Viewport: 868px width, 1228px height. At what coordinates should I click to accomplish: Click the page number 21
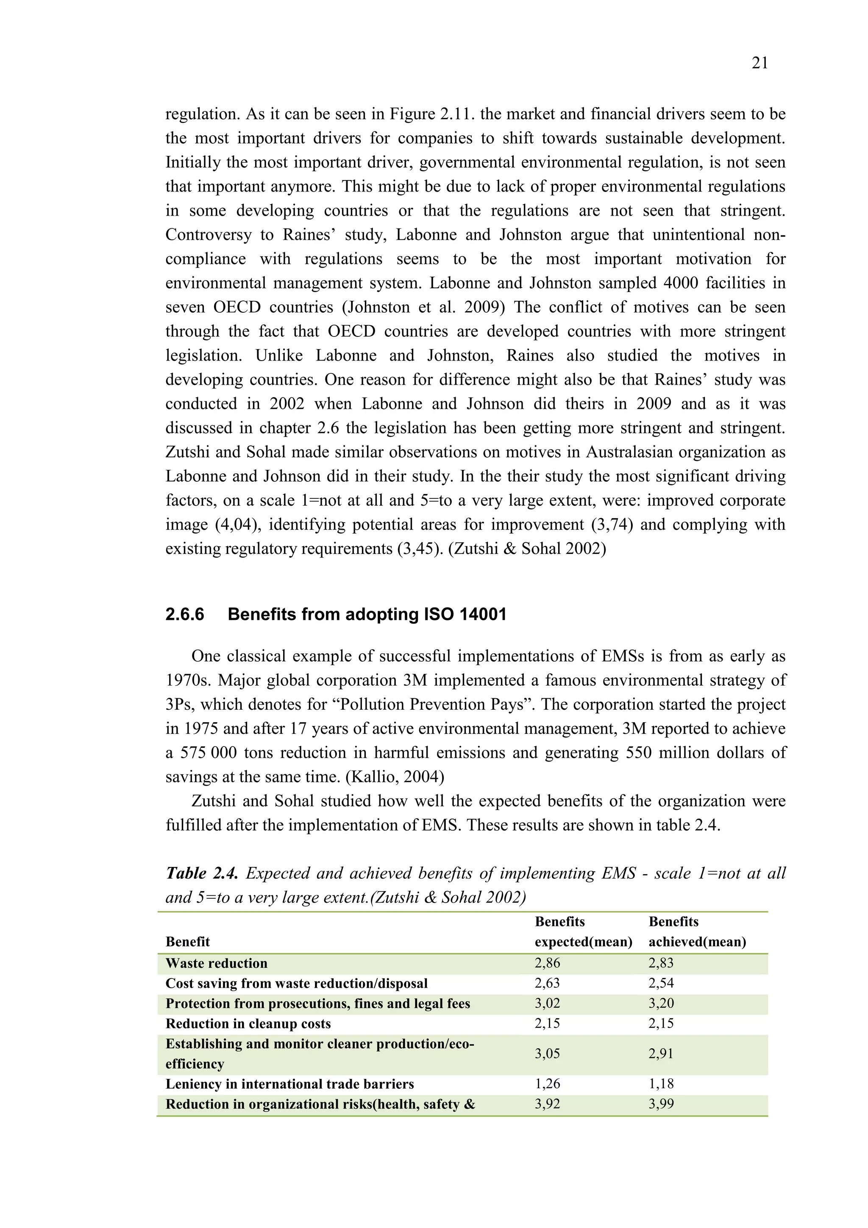coord(759,63)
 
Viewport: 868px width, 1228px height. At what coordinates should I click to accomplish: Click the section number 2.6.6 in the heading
coord(184,614)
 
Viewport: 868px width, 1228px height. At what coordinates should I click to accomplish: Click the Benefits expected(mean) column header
coord(583,932)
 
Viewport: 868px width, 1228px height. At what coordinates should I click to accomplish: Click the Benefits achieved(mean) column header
coord(697,932)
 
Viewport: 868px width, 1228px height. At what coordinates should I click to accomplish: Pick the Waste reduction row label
coord(216,963)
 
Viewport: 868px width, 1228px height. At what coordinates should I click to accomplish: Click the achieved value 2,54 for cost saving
coord(661,983)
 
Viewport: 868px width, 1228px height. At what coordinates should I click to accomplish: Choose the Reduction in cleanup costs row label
coord(248,1023)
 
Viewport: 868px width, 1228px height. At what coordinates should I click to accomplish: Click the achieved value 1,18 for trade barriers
coord(661,1084)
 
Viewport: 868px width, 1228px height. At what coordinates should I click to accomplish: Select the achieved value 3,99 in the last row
coord(661,1103)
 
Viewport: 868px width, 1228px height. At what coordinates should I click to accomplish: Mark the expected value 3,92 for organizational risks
coord(547,1103)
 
